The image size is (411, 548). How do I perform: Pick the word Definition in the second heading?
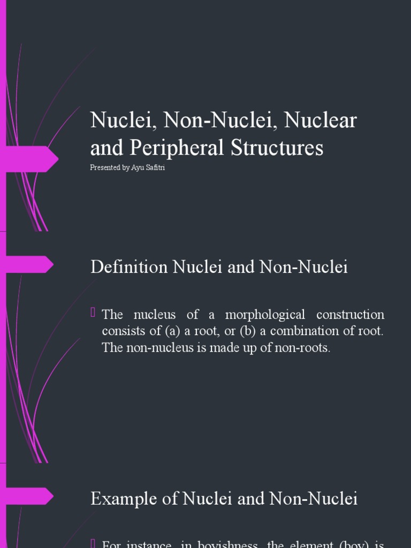[x=129, y=267]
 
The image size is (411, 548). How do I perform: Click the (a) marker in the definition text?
[x=174, y=331]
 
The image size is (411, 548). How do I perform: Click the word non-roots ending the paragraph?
[x=305, y=348]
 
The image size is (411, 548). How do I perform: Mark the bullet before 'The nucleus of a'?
[x=94, y=313]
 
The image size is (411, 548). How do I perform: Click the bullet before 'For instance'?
[x=94, y=543]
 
